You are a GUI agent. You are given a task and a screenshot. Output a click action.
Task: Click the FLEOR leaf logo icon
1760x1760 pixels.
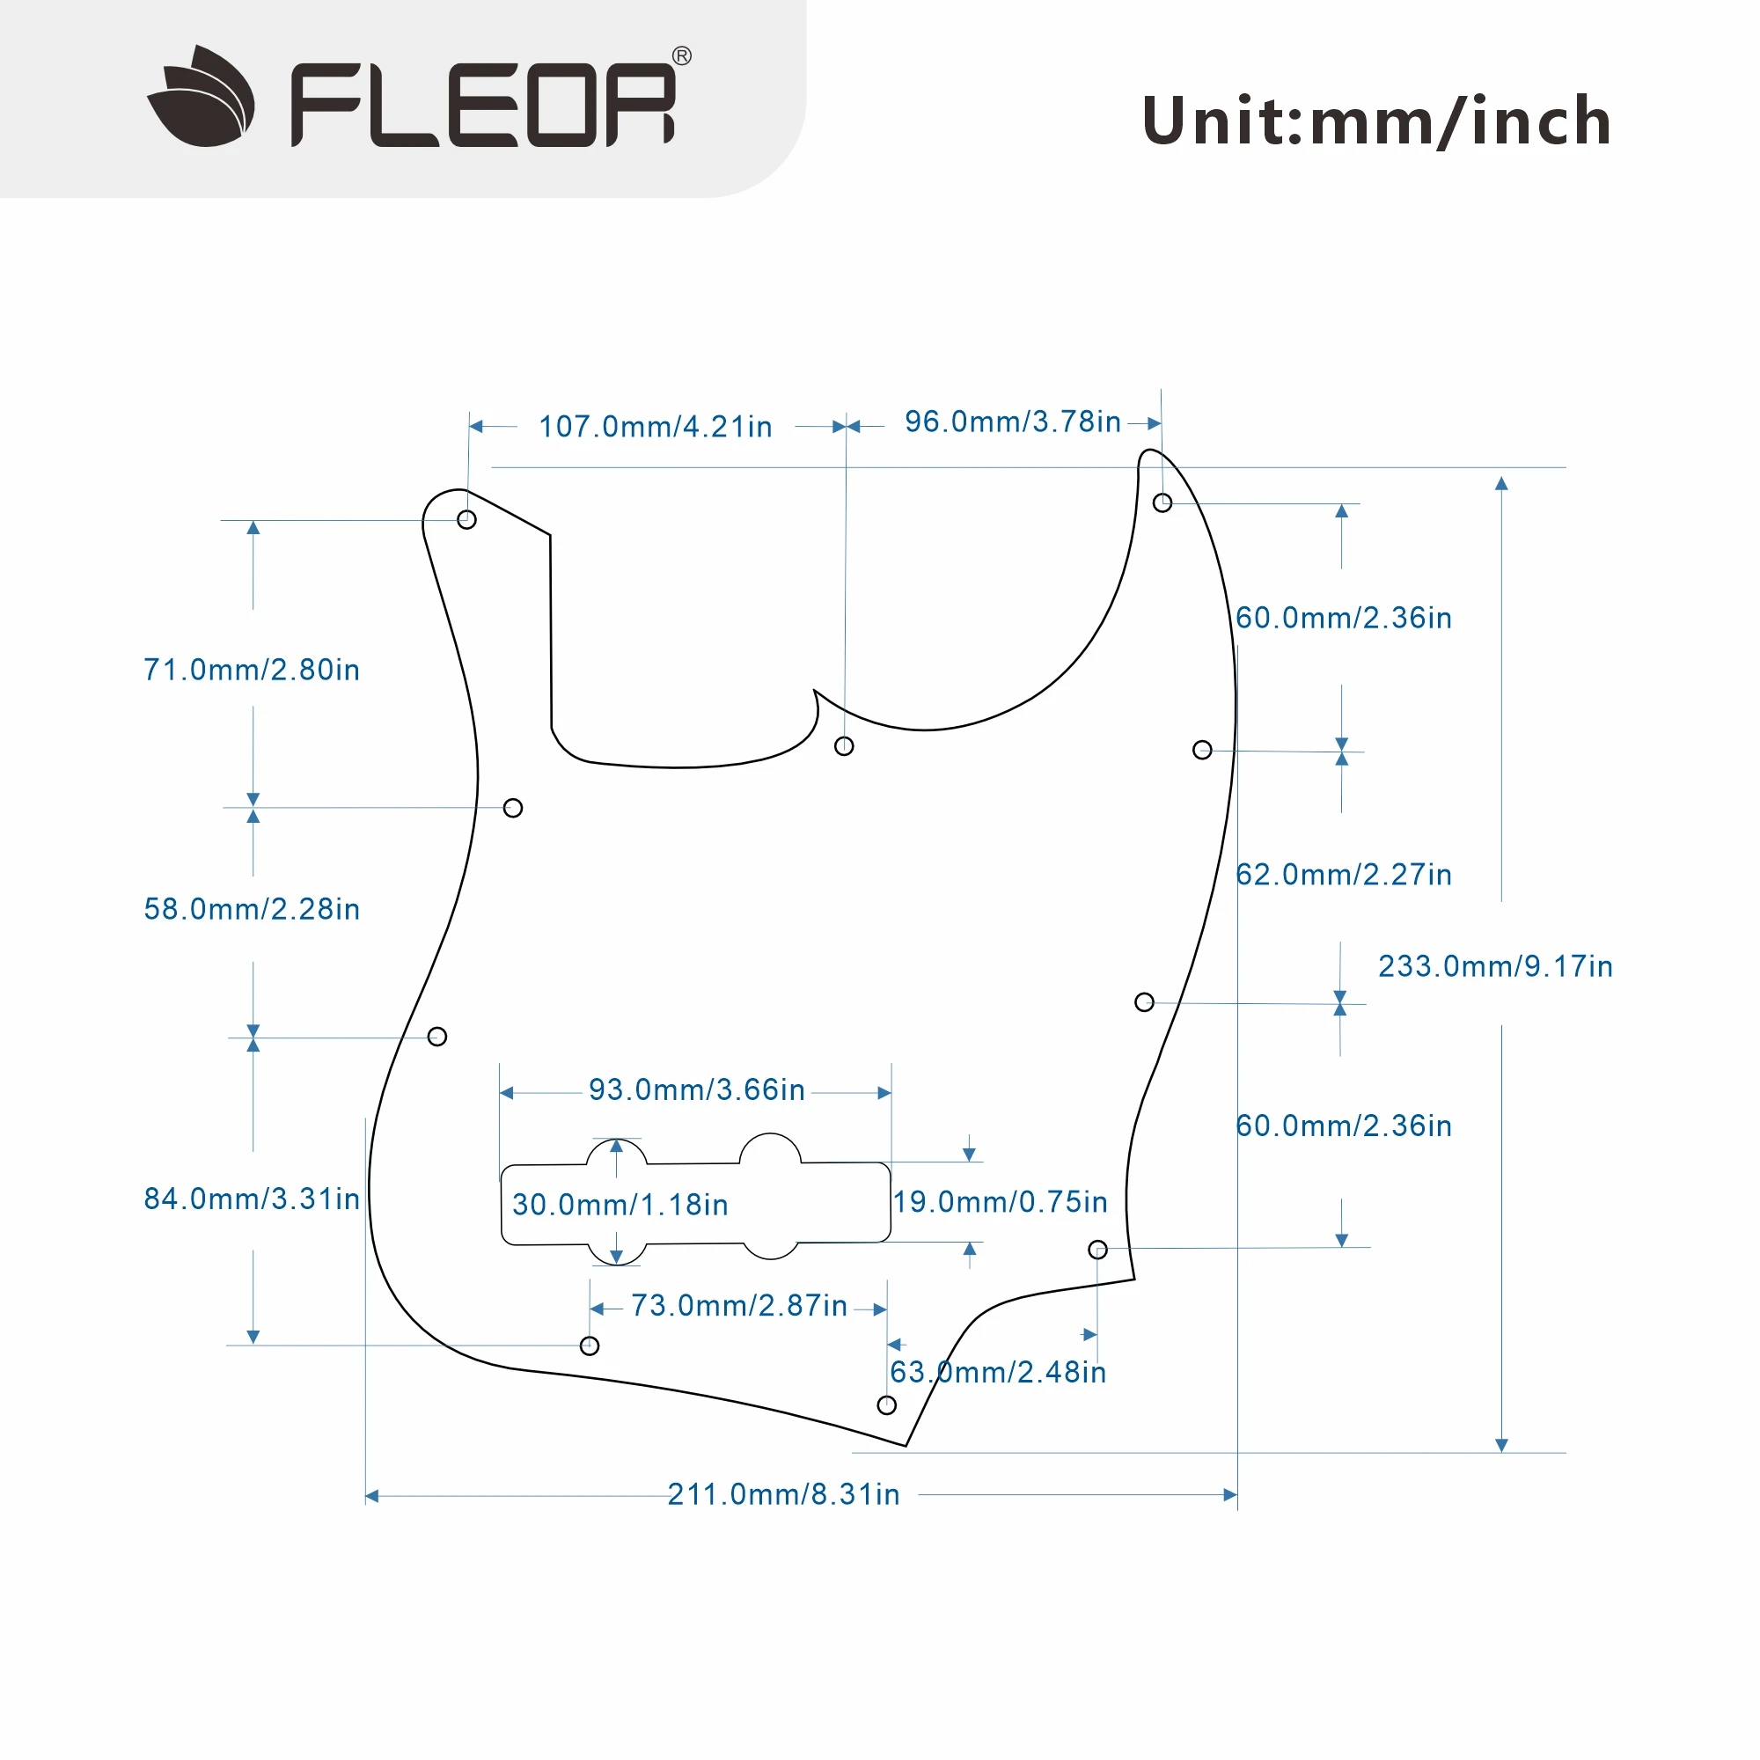click(x=202, y=97)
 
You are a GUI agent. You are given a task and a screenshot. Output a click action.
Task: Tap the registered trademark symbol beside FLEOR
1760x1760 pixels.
click(x=681, y=56)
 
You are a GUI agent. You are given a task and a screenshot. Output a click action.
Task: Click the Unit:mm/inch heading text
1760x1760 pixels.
click(x=1375, y=121)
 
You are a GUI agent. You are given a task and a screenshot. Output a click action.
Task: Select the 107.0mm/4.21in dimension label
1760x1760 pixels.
click(x=655, y=426)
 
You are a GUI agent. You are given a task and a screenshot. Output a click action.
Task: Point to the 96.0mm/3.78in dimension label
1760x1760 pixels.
click(x=1012, y=422)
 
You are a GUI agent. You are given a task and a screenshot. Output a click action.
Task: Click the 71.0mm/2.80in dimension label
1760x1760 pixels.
click(x=252, y=671)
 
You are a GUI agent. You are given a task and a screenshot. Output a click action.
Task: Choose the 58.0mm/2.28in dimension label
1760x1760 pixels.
click(x=252, y=909)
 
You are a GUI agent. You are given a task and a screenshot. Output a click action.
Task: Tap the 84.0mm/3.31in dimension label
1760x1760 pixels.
click(x=252, y=1199)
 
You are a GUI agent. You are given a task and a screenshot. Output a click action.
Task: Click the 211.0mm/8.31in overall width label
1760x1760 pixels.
click(x=783, y=1495)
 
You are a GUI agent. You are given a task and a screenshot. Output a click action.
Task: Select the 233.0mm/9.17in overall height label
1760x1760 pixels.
click(x=1495, y=965)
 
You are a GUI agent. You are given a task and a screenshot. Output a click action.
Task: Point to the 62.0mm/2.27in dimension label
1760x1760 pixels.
click(x=1344, y=875)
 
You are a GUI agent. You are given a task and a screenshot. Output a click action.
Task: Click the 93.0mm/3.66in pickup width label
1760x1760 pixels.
click(x=697, y=1089)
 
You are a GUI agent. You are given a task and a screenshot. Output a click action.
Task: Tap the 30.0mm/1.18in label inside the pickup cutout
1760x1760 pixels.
click(x=620, y=1206)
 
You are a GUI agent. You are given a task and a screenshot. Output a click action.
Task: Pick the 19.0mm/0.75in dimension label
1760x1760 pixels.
click(x=1001, y=1201)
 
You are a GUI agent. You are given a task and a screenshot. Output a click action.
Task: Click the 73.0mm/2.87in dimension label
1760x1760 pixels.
click(x=739, y=1305)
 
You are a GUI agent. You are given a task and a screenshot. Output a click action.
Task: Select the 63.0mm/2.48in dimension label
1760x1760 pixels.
click(x=999, y=1372)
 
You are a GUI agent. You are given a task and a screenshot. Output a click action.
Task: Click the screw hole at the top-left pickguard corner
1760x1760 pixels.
click(x=466, y=519)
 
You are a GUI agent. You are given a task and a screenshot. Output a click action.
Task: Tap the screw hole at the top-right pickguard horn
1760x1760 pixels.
click(x=1162, y=502)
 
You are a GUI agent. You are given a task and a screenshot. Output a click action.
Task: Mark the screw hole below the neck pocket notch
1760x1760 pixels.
click(x=845, y=746)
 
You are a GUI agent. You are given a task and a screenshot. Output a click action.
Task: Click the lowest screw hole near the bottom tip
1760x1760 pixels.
click(x=886, y=1405)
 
